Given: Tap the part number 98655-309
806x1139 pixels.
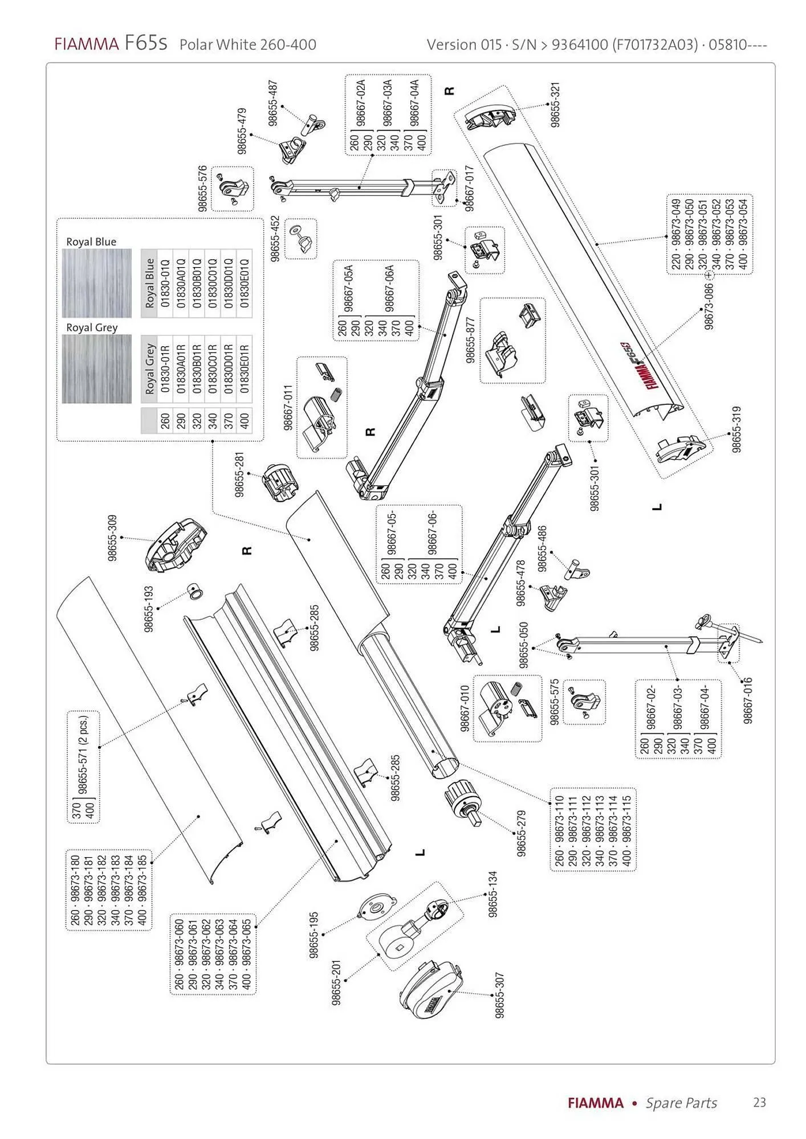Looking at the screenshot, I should [x=112, y=538].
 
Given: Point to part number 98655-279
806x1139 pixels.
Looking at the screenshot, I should [x=521, y=833].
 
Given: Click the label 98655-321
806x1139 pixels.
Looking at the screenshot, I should [x=556, y=105].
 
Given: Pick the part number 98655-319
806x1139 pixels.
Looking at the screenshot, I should [x=736, y=429].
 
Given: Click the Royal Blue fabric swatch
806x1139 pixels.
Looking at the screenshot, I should [x=96, y=283].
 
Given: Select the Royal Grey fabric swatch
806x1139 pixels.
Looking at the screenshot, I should [x=96, y=368].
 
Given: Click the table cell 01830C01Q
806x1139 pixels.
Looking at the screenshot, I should [x=213, y=283].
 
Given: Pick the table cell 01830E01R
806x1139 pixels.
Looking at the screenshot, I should [x=245, y=368].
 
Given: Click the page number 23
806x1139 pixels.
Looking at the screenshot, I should [x=759, y=1103].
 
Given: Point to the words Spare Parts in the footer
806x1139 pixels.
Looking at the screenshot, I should [x=681, y=1103].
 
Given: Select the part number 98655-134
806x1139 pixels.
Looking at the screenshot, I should [x=493, y=894].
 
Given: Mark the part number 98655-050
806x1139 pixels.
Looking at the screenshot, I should [x=524, y=644].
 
